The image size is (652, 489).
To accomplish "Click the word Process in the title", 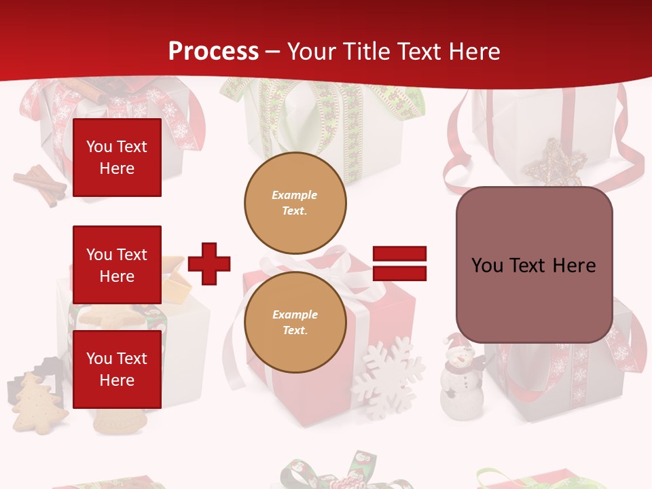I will pyautogui.click(x=213, y=52).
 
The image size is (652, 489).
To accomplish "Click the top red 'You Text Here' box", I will pyautogui.click(x=117, y=158).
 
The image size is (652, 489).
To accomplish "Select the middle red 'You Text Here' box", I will pyautogui.click(x=117, y=265).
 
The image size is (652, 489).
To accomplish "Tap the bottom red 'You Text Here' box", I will pyautogui.click(x=117, y=369).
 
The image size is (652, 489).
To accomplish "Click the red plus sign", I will pyautogui.click(x=209, y=264).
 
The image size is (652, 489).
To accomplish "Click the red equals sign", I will pyautogui.click(x=399, y=264).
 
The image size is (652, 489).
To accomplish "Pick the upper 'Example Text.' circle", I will pyautogui.click(x=295, y=202).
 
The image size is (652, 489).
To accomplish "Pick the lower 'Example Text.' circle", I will pyautogui.click(x=295, y=323).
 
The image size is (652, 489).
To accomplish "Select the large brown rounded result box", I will pyautogui.click(x=534, y=265).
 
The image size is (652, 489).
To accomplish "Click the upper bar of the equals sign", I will pyautogui.click(x=399, y=254).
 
